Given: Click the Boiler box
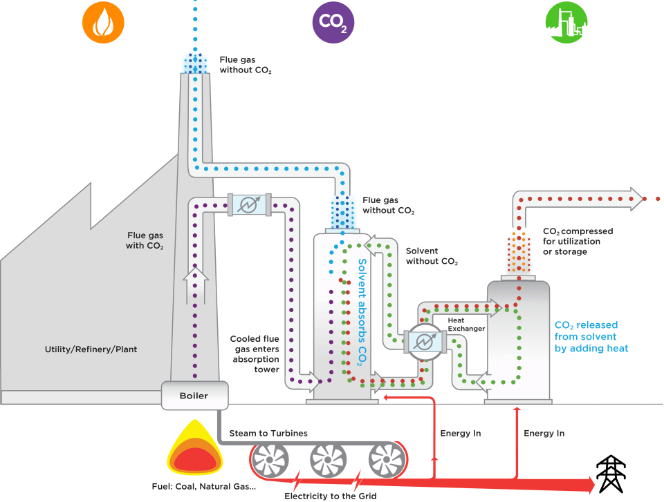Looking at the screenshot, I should coord(194,396).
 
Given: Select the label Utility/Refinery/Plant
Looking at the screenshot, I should coord(91,349).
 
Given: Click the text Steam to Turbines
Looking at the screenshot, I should coord(268,434).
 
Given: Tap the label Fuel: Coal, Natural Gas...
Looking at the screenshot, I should coord(203,486).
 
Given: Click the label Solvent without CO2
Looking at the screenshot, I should coord(432,256).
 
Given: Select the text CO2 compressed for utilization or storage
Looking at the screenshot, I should coord(578,242).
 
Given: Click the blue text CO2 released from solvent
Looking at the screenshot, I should coord(591,336).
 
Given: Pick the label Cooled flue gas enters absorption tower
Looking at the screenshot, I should coord(255,354).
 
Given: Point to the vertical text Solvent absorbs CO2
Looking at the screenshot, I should coord(362,311).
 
